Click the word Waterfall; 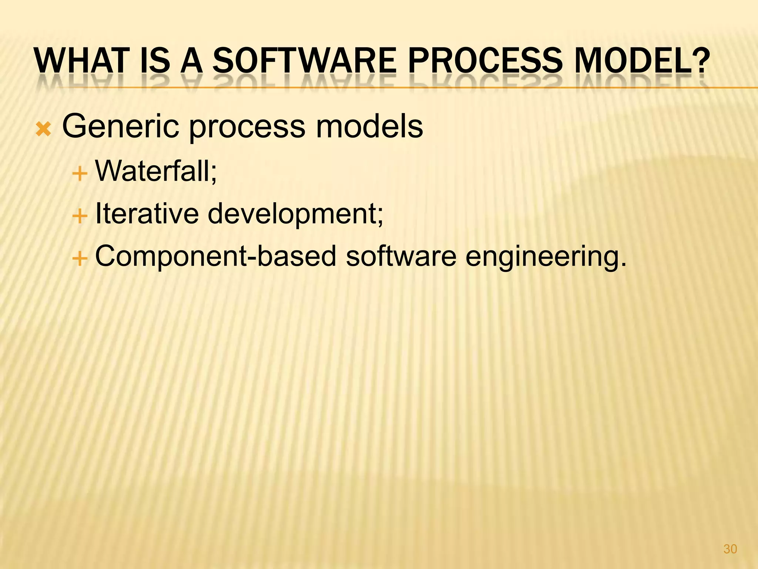(x=156, y=171)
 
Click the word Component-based (x=215, y=256)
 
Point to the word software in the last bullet (x=401, y=256)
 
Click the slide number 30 (x=730, y=549)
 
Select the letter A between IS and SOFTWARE (x=192, y=61)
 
